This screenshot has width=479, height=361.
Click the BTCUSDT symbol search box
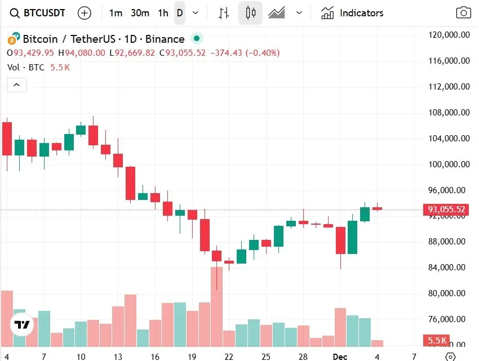(38, 13)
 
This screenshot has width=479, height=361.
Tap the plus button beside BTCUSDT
(84, 13)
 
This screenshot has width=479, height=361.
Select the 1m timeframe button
(116, 13)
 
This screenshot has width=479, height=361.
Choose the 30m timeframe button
(140, 13)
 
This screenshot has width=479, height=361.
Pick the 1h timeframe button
(163, 13)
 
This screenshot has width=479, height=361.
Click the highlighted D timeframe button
(180, 13)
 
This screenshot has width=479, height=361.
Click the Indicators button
(352, 13)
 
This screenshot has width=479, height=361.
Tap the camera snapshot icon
(463, 13)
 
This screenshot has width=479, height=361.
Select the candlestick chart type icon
(250, 13)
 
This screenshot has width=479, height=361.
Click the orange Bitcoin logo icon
(12, 39)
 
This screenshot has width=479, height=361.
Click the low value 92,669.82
(135, 53)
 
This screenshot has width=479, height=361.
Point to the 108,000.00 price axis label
(449, 113)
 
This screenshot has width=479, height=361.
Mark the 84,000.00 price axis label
(449, 268)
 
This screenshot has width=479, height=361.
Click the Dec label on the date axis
(339, 356)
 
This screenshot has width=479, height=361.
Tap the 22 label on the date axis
(229, 356)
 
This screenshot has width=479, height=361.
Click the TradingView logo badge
(23, 324)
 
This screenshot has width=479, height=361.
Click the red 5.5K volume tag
(437, 341)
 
